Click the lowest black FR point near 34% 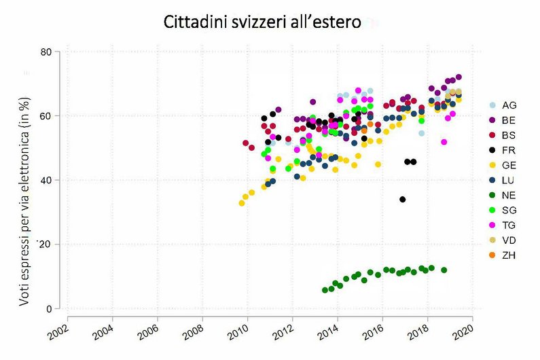pos(403,200)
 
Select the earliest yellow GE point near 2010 pos(241,203)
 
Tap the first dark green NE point pos(325,290)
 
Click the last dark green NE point pos(444,270)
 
